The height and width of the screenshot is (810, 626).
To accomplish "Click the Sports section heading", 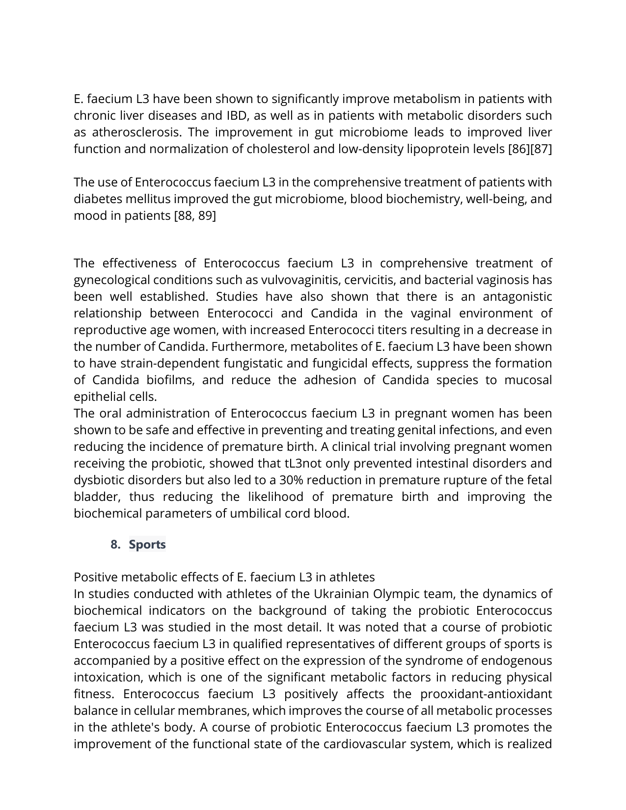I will (147, 545).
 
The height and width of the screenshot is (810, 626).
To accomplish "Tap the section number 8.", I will (115, 545).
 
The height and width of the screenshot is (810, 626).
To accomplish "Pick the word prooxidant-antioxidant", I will (486, 694).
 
